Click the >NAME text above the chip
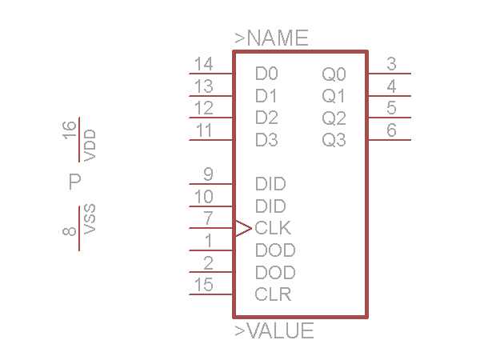pyautogui.click(x=271, y=38)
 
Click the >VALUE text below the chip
pyautogui.click(x=274, y=331)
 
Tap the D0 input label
pyautogui.click(x=266, y=74)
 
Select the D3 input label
pyautogui.click(x=266, y=140)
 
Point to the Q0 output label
pyautogui.click(x=334, y=75)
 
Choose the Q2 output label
pyautogui.click(x=334, y=119)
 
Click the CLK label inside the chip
pyautogui.click(x=273, y=228)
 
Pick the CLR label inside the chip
pyautogui.click(x=273, y=294)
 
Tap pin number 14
pyautogui.click(x=204, y=64)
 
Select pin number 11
pyautogui.click(x=204, y=130)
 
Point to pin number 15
pyautogui.click(x=204, y=285)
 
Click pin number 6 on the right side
pyautogui.click(x=391, y=130)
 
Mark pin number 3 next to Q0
pyautogui.click(x=391, y=64)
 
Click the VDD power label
pyautogui.click(x=90, y=145)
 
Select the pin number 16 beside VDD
pyautogui.click(x=70, y=129)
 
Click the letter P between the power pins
pyautogui.click(x=75, y=182)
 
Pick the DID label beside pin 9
pyautogui.click(x=270, y=184)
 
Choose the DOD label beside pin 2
pyautogui.click(x=275, y=272)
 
